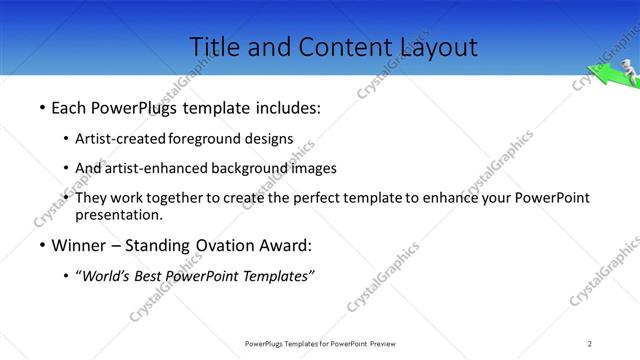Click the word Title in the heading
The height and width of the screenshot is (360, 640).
(214, 46)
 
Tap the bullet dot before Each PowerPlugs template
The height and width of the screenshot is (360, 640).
(41, 105)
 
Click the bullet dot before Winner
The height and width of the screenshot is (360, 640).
(41, 246)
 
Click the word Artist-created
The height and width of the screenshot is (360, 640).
(121, 139)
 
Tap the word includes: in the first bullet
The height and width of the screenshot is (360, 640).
(290, 105)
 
